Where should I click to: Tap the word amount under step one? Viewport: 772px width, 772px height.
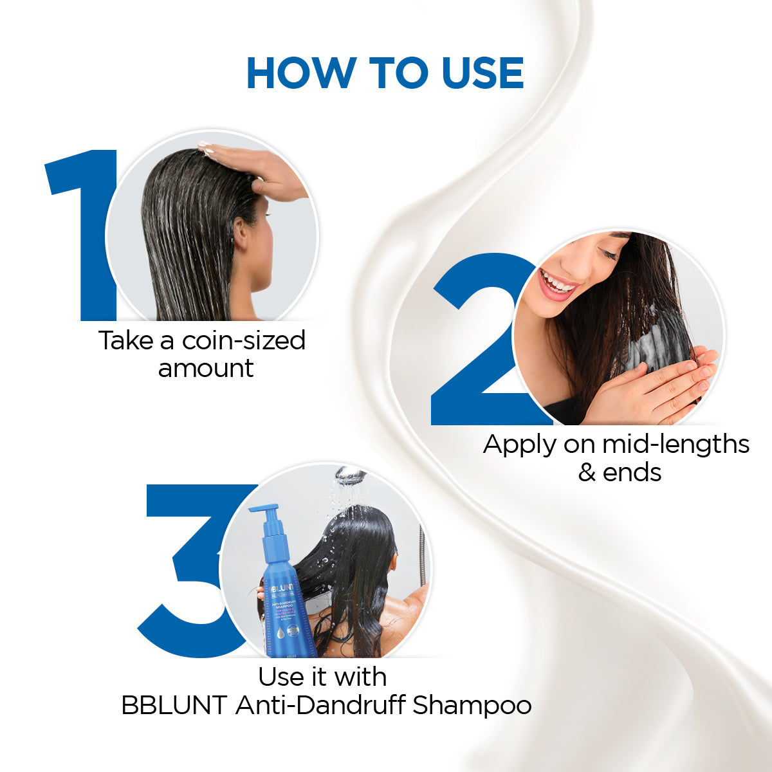click(206, 369)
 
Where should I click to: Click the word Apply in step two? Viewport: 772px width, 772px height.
click(520, 445)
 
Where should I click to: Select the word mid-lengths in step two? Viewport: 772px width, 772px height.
click(675, 445)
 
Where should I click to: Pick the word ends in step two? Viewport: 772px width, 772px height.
click(632, 473)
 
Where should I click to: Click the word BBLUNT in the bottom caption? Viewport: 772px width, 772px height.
click(174, 706)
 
